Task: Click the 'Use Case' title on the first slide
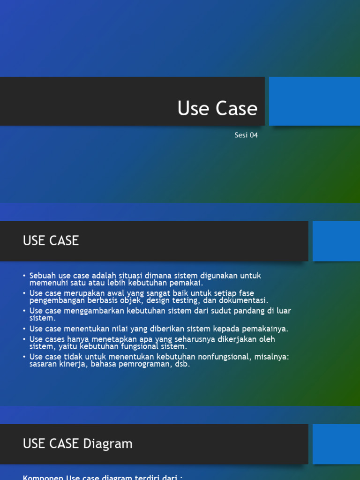217,109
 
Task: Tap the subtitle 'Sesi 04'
246,135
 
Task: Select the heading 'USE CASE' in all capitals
51,241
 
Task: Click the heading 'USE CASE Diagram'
78,444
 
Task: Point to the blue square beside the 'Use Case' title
314,101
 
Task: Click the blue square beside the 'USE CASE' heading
336,241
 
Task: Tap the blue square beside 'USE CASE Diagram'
336,444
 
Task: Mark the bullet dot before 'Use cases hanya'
24,339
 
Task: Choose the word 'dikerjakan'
234,339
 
